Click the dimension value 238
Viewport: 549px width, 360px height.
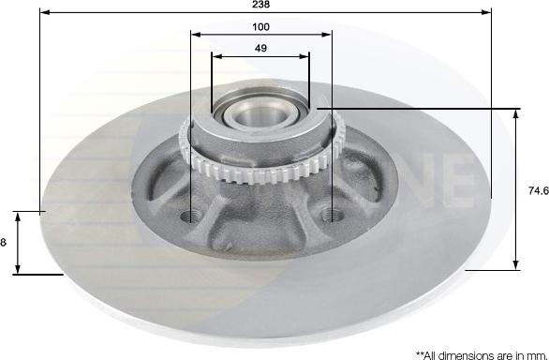[x=260, y=4]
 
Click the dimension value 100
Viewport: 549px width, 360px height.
[x=260, y=26]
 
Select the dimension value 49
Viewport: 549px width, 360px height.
[x=260, y=48]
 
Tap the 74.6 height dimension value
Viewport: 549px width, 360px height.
[x=538, y=190]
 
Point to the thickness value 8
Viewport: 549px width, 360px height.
[x=3, y=242]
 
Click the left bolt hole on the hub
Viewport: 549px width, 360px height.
[x=190, y=216]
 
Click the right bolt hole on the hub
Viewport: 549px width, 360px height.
[x=332, y=214]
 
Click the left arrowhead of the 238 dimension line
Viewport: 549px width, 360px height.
[x=45, y=12]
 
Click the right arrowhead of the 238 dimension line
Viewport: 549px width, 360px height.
[x=486, y=12]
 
